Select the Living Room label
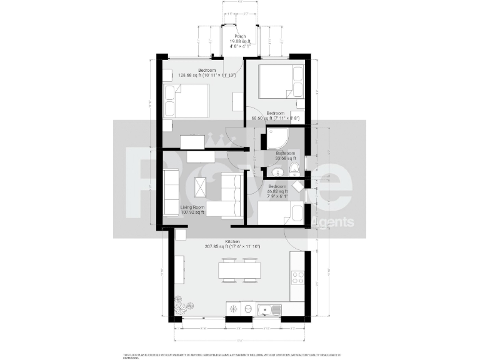pyautogui.click(x=193, y=207)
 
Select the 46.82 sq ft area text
pyautogui.click(x=277, y=192)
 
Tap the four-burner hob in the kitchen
pyautogui.click(x=298, y=277)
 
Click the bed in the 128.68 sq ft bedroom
pyautogui.click(x=186, y=101)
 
